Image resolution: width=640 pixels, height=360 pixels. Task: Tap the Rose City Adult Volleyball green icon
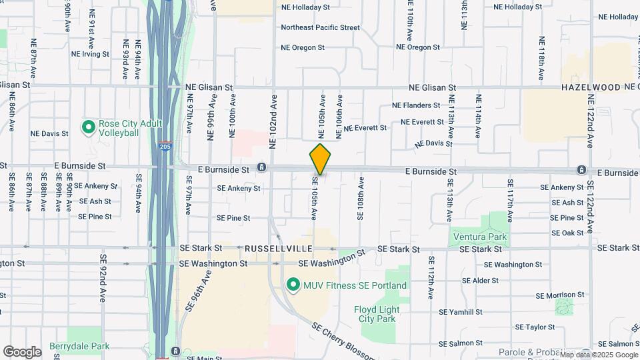pyautogui.click(x=88, y=126)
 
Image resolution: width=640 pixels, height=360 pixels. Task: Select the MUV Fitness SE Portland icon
pyautogui.click(x=292, y=285)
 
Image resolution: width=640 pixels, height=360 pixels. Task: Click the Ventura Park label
pyautogui.click(x=479, y=237)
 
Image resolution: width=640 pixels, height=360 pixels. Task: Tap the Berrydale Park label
pyautogui.click(x=79, y=347)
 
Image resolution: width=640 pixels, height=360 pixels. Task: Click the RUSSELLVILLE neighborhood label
pyautogui.click(x=279, y=249)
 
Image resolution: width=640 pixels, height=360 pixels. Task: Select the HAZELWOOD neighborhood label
pyautogui.click(x=591, y=87)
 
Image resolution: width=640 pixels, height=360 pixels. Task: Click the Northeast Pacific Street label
pyautogui.click(x=320, y=27)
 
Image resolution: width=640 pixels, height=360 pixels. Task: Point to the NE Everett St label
pyautogui.click(x=365, y=127)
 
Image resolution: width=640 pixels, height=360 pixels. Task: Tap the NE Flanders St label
pyautogui.click(x=416, y=105)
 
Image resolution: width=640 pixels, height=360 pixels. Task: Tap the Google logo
pyautogui.click(x=22, y=351)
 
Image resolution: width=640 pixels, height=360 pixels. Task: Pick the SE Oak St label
pyautogui.click(x=567, y=233)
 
